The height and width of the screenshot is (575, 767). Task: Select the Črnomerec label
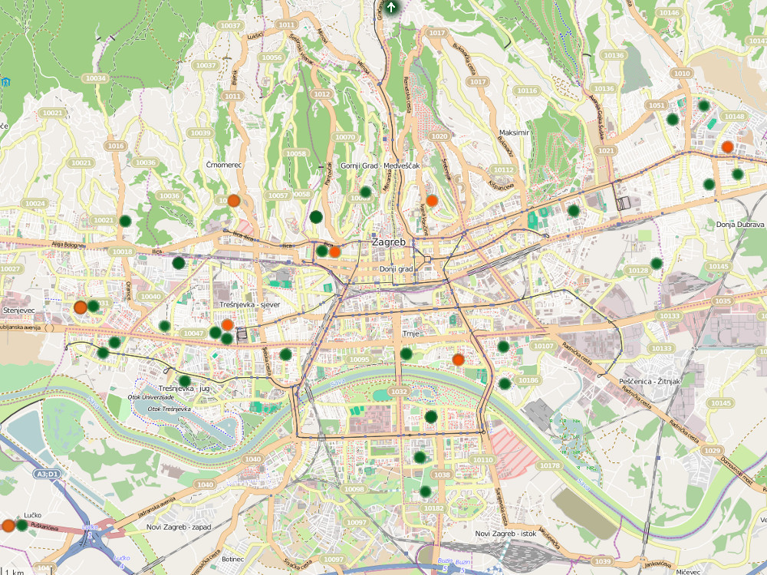[224, 165]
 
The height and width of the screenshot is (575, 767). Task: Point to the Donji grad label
[397, 269]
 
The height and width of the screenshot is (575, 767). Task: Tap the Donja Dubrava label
[740, 225]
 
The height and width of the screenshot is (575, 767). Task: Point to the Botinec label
[232, 560]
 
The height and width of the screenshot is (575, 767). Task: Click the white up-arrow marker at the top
[392, 8]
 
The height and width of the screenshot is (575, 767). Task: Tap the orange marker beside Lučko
[8, 526]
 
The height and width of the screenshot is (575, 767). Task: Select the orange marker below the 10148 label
[727, 147]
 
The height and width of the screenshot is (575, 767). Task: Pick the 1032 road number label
[398, 392]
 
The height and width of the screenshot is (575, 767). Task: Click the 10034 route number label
[96, 78]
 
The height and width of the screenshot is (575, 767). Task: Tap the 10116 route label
[527, 90]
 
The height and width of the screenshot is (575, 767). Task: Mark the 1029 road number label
[713, 450]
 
